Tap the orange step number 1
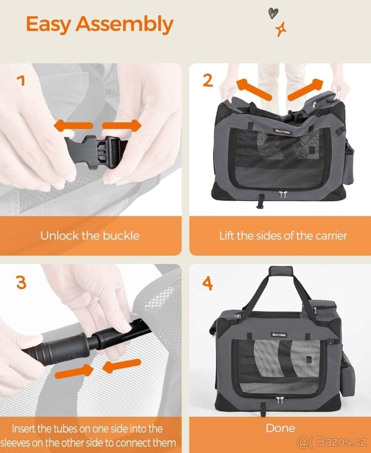21,81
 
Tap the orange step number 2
208,81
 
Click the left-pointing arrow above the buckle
73,125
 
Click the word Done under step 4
280,428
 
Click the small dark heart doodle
273,13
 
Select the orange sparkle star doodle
281,29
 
